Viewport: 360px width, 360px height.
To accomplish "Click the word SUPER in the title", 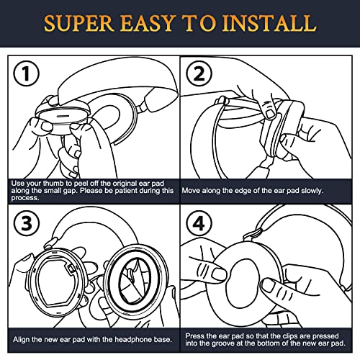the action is click(79, 23).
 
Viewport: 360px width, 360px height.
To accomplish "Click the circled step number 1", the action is click(26, 73).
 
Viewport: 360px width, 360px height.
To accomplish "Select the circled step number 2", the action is click(199, 73).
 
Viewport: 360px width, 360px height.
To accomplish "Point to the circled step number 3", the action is click(27, 223).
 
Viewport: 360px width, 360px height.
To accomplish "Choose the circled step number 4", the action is click(199, 223).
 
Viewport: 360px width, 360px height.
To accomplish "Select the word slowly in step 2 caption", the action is click(312, 191).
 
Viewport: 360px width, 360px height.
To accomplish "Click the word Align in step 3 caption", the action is click(22, 340).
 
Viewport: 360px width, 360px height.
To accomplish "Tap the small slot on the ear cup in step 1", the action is click(63, 116).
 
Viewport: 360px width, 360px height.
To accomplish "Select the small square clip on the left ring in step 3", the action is click(71, 269).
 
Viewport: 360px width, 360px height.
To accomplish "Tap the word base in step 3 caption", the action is click(163, 340).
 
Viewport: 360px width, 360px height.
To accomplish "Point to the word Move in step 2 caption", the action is click(191, 191).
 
